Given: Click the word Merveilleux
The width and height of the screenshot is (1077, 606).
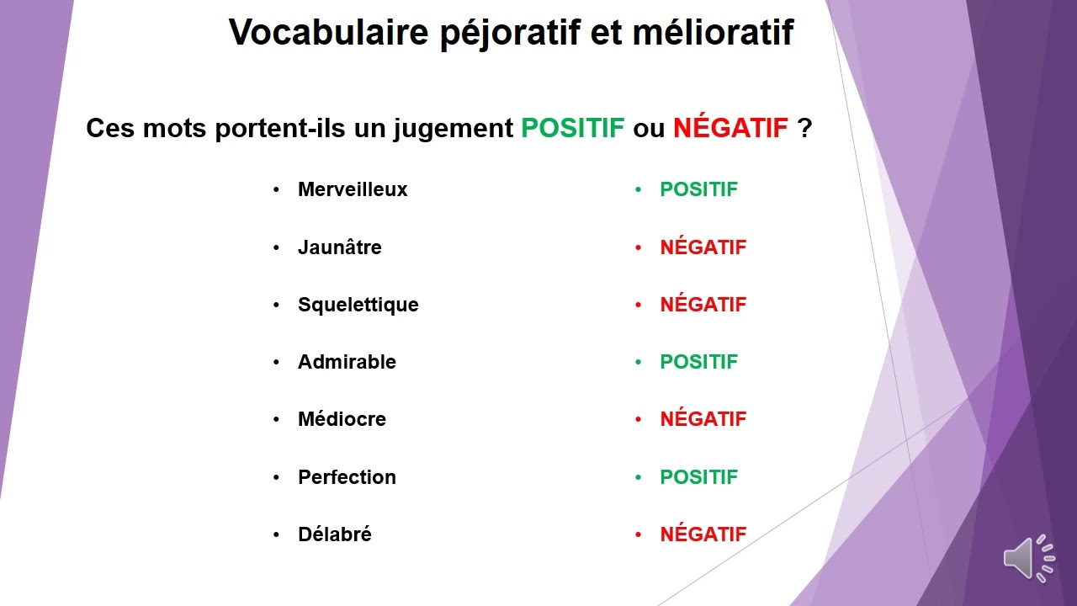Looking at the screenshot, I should (x=353, y=190).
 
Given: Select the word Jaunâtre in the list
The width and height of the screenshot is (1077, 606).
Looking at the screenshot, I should (x=339, y=247).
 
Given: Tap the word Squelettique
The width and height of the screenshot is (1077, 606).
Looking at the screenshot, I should (x=358, y=305).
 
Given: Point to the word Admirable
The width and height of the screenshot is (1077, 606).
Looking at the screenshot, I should (x=347, y=362).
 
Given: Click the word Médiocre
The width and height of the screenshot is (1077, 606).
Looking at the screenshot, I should (x=342, y=419).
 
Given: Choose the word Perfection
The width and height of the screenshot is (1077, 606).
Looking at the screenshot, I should (x=347, y=477).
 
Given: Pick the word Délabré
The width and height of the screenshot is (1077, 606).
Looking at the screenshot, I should (x=334, y=534).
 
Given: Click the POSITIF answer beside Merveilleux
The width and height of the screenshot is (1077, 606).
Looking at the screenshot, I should (x=698, y=190).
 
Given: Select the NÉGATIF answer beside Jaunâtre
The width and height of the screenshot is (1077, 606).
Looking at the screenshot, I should (x=703, y=247).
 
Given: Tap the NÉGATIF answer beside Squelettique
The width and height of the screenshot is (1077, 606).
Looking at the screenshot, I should (x=703, y=305).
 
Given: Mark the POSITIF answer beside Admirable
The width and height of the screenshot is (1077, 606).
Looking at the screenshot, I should (x=698, y=362).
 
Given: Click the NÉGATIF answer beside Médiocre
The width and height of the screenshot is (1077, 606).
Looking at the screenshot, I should (x=703, y=419).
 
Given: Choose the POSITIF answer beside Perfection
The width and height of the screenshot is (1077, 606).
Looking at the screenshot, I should (x=698, y=477).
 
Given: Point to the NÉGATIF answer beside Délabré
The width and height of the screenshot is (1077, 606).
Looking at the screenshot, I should (x=703, y=534).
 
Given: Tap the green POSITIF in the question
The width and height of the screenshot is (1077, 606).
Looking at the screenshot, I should (x=573, y=129).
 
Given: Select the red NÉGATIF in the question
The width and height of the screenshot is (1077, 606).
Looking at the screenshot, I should (x=730, y=129).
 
